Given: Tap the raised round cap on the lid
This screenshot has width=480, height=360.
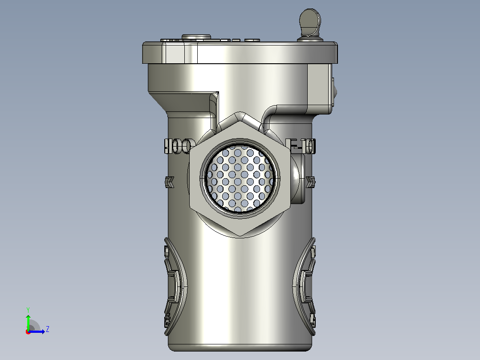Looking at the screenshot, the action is pyautogui.click(x=196, y=37).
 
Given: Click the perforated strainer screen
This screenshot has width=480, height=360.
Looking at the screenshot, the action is pyautogui.click(x=240, y=178).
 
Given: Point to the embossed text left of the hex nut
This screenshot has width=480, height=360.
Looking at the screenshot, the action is pyautogui.click(x=179, y=146).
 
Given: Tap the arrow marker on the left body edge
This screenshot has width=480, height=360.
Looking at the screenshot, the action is pyautogui.click(x=169, y=182).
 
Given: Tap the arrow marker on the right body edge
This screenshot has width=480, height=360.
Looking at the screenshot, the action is pyautogui.click(x=311, y=182).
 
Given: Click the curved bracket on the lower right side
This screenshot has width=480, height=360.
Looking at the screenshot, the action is pyautogui.click(x=304, y=286).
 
